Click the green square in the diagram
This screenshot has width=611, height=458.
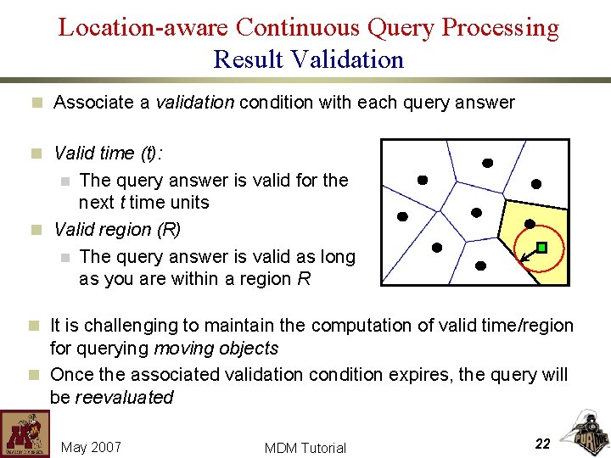pos(542,248)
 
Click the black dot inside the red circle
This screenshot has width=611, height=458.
pos(530,224)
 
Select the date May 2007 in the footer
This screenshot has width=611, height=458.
pos(92,447)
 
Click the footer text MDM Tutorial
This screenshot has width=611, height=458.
pos(305,448)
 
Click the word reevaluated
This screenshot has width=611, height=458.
pos(124,397)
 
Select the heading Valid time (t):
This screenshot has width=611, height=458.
pos(108,153)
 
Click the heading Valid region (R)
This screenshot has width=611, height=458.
pos(117,229)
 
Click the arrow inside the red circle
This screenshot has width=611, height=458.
pos(530,253)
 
